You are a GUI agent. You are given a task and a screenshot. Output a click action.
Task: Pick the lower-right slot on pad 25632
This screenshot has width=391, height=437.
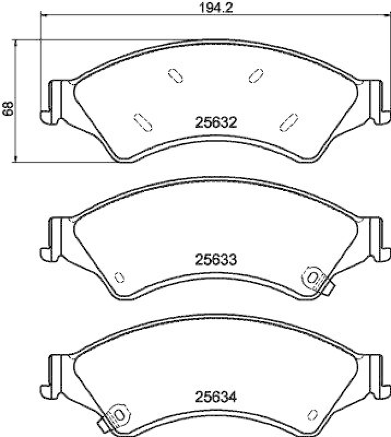pyautogui.click(x=288, y=121)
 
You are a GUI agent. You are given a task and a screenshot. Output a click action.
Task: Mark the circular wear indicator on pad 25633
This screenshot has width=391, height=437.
pyautogui.click(x=313, y=277)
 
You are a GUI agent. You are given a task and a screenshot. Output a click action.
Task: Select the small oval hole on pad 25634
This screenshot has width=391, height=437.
pyautogui.click(x=312, y=415)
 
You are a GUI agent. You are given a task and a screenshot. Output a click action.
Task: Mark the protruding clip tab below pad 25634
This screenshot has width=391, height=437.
pyautogui.click(x=103, y=426)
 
